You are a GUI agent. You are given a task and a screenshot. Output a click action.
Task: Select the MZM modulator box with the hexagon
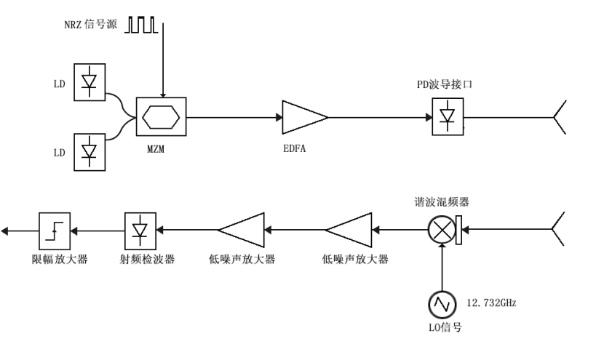click(162, 116)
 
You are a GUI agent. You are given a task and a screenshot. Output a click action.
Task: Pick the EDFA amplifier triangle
click(304, 116)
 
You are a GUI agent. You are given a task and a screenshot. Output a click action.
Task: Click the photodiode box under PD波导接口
click(443, 116)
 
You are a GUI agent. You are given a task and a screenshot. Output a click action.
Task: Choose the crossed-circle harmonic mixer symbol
click(440, 231)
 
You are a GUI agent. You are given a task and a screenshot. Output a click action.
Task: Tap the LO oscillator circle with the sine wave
click(440, 301)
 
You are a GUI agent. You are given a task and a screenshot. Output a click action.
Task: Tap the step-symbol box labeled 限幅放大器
click(52, 231)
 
